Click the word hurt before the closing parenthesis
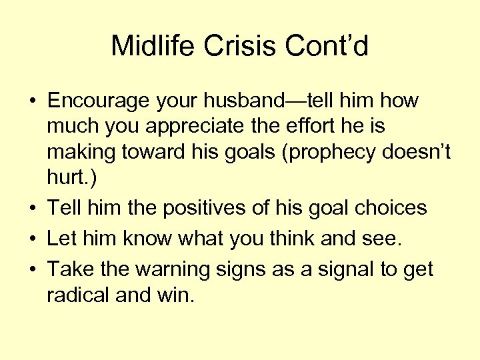63,178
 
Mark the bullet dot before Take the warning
33,270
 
